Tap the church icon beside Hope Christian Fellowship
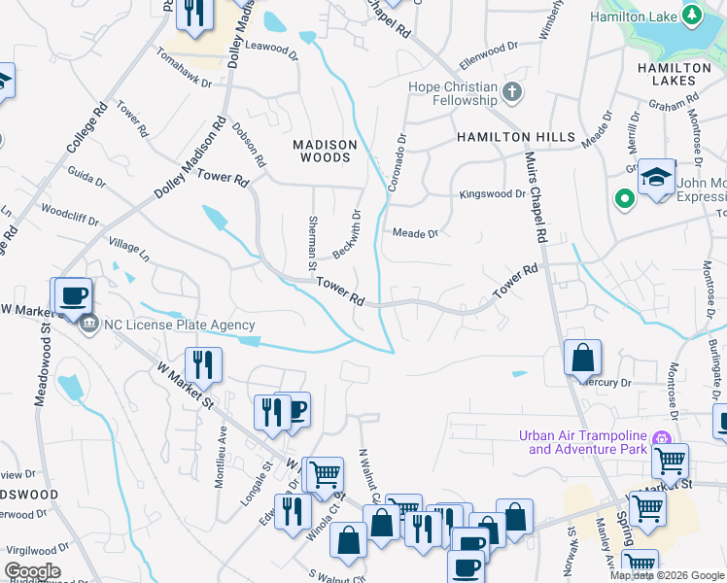tap(513, 93)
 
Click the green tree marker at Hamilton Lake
tap(691, 15)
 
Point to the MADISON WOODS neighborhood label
tap(326, 151)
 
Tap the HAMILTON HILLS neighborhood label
tap(516, 138)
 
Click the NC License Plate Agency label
tap(180, 326)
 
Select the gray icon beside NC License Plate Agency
tap(88, 325)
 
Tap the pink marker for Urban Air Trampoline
tap(665, 436)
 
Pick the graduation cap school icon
tap(657, 177)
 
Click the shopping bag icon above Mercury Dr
tap(581, 358)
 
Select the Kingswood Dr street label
tap(492, 194)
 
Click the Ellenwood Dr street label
tap(489, 50)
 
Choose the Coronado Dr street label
tap(397, 161)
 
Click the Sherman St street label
tap(313, 243)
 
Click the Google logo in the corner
tap(33, 570)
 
